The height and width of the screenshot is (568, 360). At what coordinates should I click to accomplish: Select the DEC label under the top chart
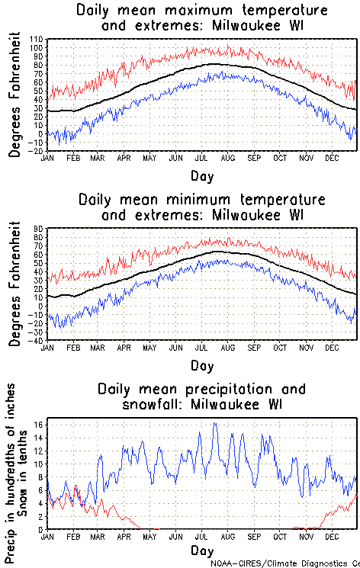tap(332, 158)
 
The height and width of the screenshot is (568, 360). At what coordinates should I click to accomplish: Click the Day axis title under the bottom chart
tap(202, 550)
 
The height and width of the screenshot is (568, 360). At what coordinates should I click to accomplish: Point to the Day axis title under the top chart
tap(202, 175)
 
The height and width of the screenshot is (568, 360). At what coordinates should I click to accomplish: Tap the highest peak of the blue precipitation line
tap(214, 423)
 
